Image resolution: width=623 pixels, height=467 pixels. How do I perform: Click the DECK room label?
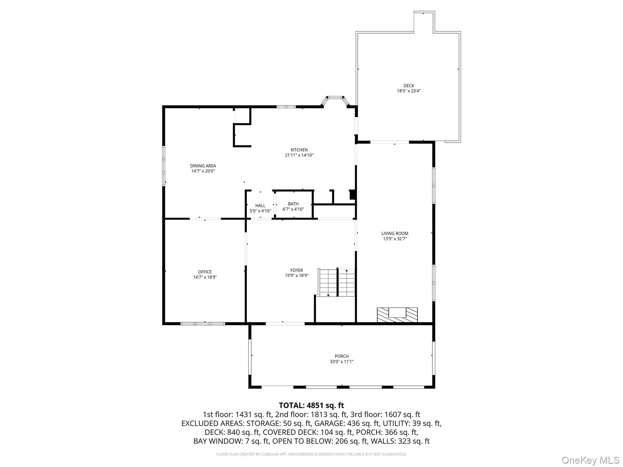(x=409, y=86)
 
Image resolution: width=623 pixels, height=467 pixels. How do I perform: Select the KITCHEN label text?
(x=299, y=150)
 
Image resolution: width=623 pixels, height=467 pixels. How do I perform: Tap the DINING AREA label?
(x=203, y=166)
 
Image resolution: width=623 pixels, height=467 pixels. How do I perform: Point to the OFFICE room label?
(x=205, y=272)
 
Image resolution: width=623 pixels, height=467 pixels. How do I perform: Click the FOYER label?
(x=296, y=270)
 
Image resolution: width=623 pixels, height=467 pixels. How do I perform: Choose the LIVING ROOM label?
(x=395, y=233)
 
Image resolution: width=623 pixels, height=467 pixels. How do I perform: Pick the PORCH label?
(x=342, y=356)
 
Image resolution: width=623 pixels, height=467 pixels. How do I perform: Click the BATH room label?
(x=293, y=204)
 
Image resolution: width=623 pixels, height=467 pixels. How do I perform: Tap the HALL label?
(x=260, y=206)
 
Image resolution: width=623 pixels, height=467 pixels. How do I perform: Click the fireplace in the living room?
(x=397, y=315)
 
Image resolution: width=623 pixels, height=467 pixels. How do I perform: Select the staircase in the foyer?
(x=337, y=282)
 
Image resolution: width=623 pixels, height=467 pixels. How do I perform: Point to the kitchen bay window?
(x=335, y=99)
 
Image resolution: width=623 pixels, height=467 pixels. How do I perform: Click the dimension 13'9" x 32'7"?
(x=395, y=239)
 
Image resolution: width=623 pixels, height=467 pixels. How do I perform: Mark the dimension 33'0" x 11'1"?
(x=342, y=362)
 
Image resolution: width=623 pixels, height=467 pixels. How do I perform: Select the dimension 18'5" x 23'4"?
(x=409, y=91)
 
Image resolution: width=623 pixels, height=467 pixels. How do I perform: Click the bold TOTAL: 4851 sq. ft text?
(x=311, y=405)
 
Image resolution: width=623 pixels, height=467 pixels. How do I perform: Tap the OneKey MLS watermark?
(x=590, y=460)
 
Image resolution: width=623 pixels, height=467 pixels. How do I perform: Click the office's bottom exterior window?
(x=203, y=323)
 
